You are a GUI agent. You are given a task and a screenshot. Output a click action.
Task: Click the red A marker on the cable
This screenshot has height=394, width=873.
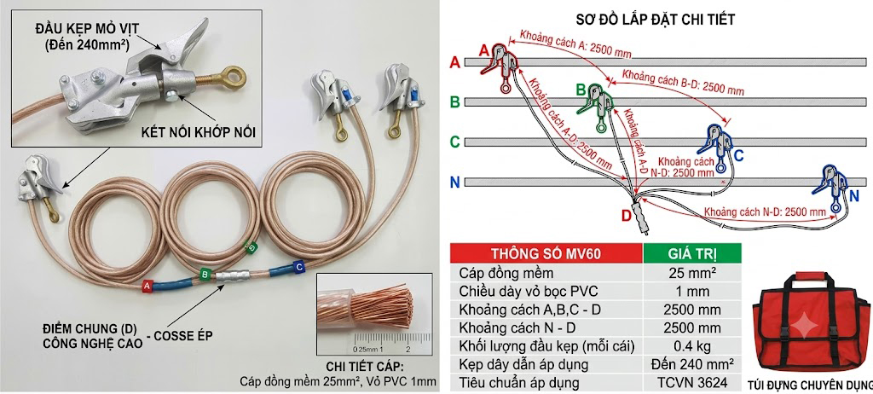click(147, 286)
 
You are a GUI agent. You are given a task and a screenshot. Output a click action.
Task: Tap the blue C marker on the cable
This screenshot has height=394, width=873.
click(299, 268)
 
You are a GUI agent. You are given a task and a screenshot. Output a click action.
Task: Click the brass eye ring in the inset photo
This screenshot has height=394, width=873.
click(232, 78)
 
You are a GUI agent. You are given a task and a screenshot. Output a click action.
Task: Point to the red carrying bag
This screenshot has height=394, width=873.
click(811, 326)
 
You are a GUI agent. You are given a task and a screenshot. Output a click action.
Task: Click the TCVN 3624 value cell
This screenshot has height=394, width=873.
click(692, 384)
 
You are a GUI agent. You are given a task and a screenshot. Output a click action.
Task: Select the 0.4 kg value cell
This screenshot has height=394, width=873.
click(692, 346)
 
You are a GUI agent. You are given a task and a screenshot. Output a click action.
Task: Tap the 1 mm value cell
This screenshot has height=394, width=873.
click(692, 291)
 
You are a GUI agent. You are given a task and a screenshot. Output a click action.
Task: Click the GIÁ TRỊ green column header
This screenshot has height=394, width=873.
click(692, 253)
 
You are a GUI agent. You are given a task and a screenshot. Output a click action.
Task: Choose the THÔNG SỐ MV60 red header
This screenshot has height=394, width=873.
click(546, 253)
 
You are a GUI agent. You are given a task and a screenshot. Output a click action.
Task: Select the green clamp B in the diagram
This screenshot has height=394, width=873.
click(599, 106)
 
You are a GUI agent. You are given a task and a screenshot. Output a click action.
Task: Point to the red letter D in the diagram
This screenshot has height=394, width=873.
click(627, 216)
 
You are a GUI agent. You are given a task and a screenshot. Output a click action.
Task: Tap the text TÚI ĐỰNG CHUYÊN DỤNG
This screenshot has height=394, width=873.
click(812, 385)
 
